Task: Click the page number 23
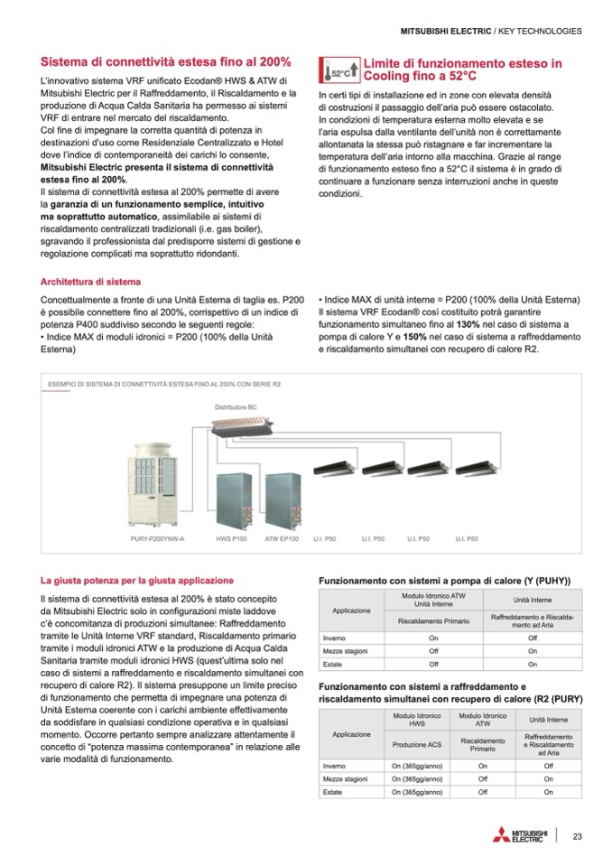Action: [x=577, y=836]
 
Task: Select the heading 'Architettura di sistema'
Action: [x=90, y=281]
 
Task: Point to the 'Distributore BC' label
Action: [x=236, y=407]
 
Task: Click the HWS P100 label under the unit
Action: [x=231, y=538]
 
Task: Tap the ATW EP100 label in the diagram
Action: [x=282, y=538]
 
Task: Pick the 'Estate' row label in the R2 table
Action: [x=334, y=792]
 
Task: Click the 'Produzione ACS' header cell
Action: [x=415, y=744]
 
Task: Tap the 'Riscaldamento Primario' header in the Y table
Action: [x=433, y=620]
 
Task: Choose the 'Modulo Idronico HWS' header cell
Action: [x=415, y=720]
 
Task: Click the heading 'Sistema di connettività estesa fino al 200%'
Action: [x=165, y=62]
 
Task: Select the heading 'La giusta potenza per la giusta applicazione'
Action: [x=136, y=580]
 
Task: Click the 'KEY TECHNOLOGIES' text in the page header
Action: [x=539, y=31]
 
